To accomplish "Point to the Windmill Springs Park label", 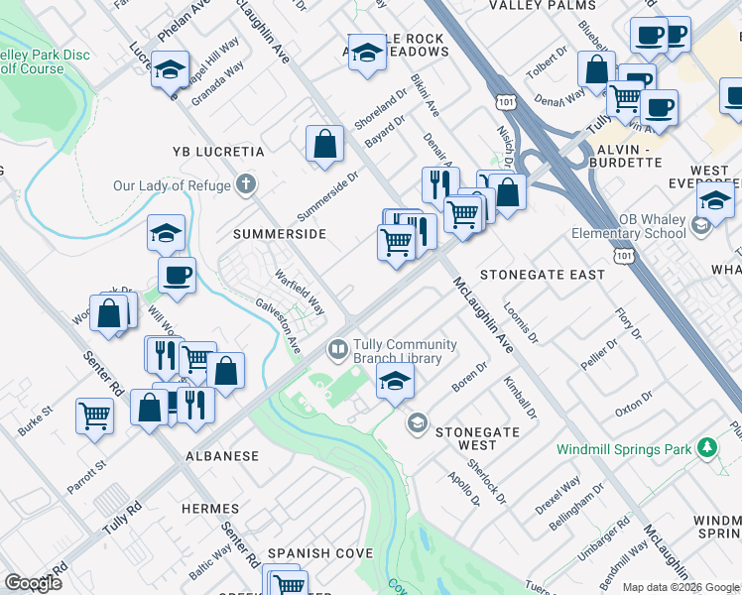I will click(x=624, y=449).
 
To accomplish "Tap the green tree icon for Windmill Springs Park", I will click(x=706, y=448).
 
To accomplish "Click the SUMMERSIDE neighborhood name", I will click(x=280, y=234).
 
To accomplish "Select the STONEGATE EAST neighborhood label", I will click(x=542, y=274).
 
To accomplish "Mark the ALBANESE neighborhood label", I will click(x=221, y=456).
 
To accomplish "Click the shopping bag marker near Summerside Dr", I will click(x=324, y=144).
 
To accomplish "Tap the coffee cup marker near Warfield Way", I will click(x=177, y=275).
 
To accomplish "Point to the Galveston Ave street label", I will click(x=278, y=328).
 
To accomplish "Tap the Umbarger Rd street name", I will click(x=610, y=536).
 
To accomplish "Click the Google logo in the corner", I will click(x=34, y=583).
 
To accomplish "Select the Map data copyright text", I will click(x=680, y=587).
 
